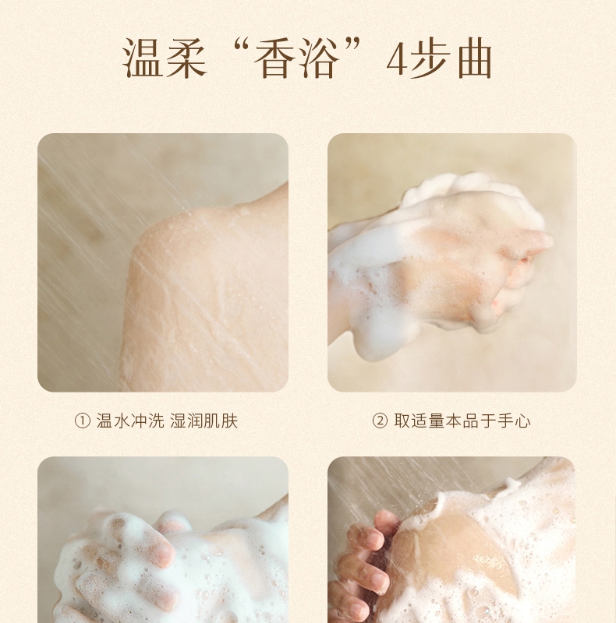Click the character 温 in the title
point(143,58)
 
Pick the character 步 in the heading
point(429,58)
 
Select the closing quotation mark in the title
point(352,46)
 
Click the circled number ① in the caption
point(83,421)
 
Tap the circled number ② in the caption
point(380,421)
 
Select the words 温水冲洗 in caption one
point(129,421)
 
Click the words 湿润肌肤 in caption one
point(204,421)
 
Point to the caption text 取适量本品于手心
point(462,421)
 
